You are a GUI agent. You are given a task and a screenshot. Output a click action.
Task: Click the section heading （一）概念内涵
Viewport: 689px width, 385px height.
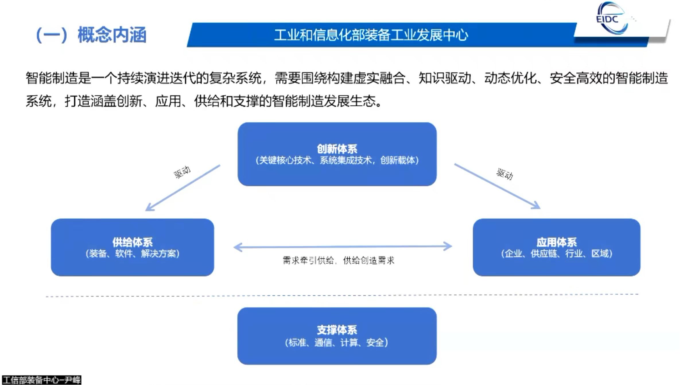pyautogui.click(x=91, y=35)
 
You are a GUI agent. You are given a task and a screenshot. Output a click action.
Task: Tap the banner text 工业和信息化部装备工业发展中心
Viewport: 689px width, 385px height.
pyautogui.click(x=371, y=35)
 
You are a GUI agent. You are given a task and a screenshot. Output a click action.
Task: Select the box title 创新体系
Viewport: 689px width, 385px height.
pyautogui.click(x=337, y=149)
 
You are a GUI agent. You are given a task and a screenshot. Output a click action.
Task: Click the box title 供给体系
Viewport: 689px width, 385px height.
pyautogui.click(x=132, y=242)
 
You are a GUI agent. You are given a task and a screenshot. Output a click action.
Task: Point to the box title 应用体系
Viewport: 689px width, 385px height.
pyautogui.click(x=556, y=242)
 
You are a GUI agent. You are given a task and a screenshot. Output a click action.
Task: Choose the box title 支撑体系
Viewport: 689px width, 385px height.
pyautogui.click(x=337, y=330)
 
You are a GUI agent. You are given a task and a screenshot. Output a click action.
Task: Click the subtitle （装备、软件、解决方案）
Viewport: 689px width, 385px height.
pyautogui.click(x=132, y=254)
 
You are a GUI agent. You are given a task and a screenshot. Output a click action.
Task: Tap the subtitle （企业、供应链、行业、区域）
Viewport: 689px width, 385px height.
pyautogui.click(x=556, y=254)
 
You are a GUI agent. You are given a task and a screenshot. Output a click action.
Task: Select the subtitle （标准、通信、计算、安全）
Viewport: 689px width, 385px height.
pyautogui.click(x=337, y=342)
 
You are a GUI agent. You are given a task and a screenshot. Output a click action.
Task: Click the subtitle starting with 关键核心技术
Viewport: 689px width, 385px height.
pyautogui.click(x=337, y=160)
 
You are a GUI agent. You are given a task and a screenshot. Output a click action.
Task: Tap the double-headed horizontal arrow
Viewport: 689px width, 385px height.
pyautogui.click(x=343, y=246)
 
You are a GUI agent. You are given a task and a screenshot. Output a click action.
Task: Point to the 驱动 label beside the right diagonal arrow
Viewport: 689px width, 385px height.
pyautogui.click(x=505, y=174)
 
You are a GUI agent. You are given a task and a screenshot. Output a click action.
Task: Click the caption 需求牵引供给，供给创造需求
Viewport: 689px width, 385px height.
pyautogui.click(x=339, y=260)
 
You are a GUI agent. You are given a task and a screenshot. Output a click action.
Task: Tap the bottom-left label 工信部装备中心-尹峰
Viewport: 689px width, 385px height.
pyautogui.click(x=42, y=380)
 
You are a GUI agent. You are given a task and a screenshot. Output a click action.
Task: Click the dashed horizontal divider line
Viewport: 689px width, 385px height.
pyautogui.click(x=341, y=295)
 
